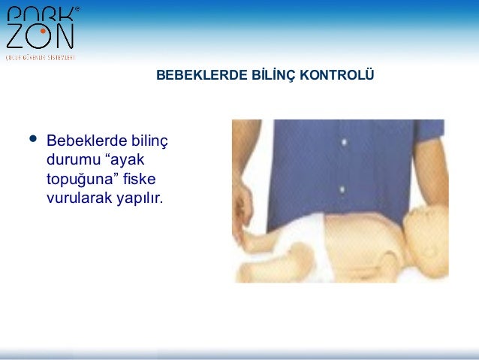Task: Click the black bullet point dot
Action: coord(32,139)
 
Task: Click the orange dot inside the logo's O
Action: coord(43,32)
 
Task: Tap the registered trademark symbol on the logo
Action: coord(77,10)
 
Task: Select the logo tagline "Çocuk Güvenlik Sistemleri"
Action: coord(40,56)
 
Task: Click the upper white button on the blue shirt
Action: coord(342,141)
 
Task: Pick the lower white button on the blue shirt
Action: coord(341,189)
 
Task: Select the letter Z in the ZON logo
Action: coord(16,35)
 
